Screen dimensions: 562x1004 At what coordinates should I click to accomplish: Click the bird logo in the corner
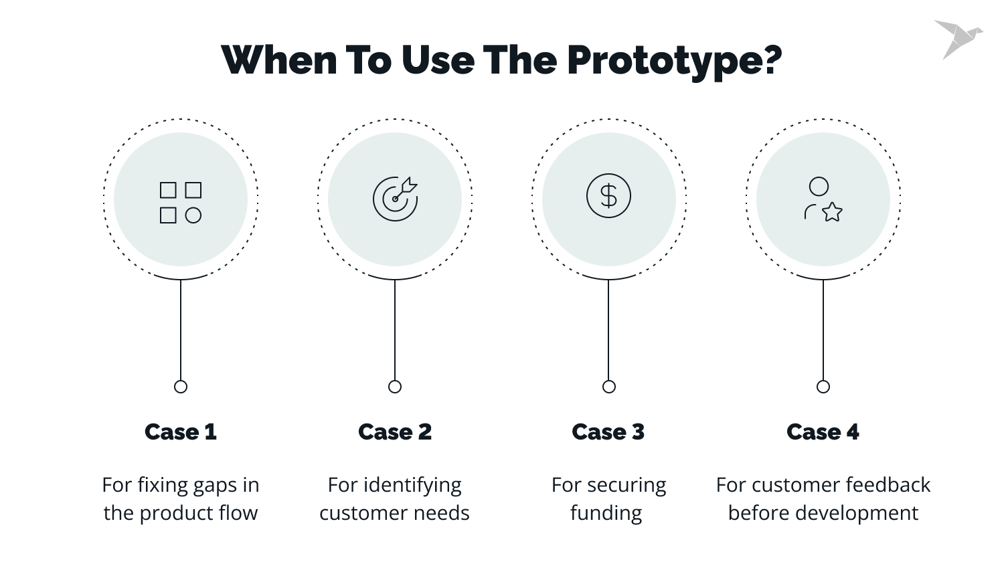[958, 39]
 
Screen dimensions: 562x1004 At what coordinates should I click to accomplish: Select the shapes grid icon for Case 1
[181, 202]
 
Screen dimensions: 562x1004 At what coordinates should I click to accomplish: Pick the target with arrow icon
[395, 199]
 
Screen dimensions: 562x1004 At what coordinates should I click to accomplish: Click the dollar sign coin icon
[608, 196]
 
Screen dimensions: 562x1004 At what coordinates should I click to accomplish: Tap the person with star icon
[823, 199]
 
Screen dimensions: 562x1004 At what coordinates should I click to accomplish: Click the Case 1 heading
[181, 432]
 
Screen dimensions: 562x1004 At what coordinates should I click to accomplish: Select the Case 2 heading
[395, 432]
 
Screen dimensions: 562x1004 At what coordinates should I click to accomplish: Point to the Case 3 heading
[608, 432]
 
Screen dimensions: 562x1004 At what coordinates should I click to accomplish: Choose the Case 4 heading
[823, 432]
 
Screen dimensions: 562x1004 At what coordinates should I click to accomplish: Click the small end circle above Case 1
[181, 387]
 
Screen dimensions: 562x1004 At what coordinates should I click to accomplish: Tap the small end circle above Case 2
[395, 387]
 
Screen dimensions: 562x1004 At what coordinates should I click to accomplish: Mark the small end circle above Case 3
[609, 387]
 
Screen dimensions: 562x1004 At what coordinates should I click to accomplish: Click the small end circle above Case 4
[823, 387]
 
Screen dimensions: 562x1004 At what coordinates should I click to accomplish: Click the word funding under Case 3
[606, 514]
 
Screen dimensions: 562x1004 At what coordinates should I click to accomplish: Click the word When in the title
[279, 60]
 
